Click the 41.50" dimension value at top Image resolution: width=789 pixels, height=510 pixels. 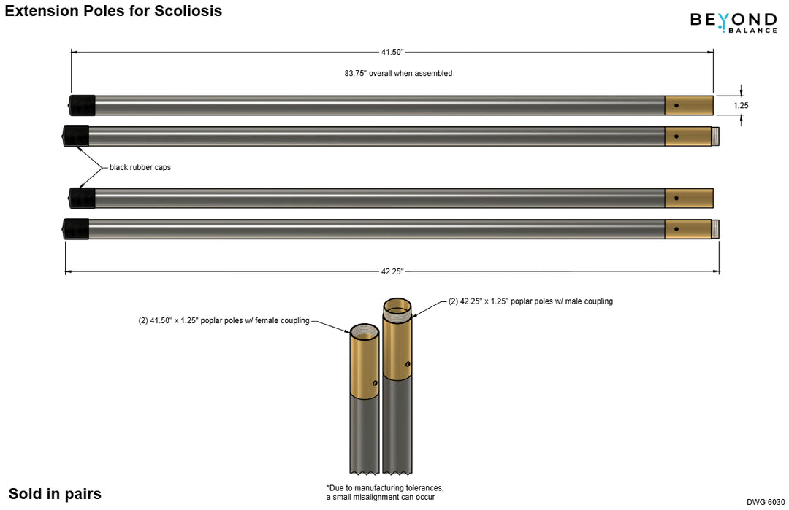click(x=392, y=52)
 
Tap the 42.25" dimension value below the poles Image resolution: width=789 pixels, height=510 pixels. click(x=392, y=271)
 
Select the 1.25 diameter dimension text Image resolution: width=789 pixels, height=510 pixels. click(x=741, y=105)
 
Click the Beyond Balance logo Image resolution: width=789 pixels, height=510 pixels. click(x=733, y=22)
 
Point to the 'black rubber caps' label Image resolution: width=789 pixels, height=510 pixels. click(x=140, y=167)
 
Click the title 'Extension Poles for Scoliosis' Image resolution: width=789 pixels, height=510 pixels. click(x=113, y=11)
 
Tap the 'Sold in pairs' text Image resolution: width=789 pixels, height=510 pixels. click(x=55, y=494)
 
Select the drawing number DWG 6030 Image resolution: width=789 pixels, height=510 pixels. click(x=765, y=502)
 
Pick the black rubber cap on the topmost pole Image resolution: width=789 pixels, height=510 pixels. click(x=82, y=105)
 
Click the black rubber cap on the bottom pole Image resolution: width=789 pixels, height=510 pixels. click(x=76, y=229)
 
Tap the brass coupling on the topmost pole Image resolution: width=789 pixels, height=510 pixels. click(x=689, y=105)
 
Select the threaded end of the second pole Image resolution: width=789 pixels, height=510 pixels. click(x=715, y=136)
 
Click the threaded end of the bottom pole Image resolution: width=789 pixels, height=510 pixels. click(x=715, y=229)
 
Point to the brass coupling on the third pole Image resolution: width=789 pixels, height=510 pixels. click(x=689, y=198)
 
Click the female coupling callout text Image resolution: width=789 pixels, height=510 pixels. click(x=224, y=320)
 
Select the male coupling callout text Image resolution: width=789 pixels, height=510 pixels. click(x=530, y=301)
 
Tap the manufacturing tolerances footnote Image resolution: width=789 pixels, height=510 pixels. click(x=385, y=492)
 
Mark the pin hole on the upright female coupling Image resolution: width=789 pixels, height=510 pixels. click(x=375, y=382)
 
